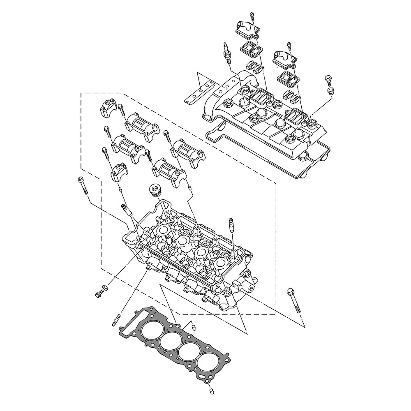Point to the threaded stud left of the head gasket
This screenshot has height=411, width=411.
[x=116, y=320]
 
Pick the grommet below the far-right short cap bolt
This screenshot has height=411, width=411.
[x=330, y=90]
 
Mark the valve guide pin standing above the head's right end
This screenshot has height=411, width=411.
[x=231, y=226]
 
